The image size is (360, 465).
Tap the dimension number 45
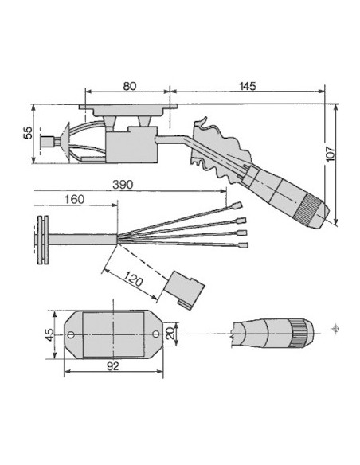tap(49, 335)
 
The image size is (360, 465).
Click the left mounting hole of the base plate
tap(71, 335)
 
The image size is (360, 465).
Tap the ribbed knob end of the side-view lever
tap(305, 210)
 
